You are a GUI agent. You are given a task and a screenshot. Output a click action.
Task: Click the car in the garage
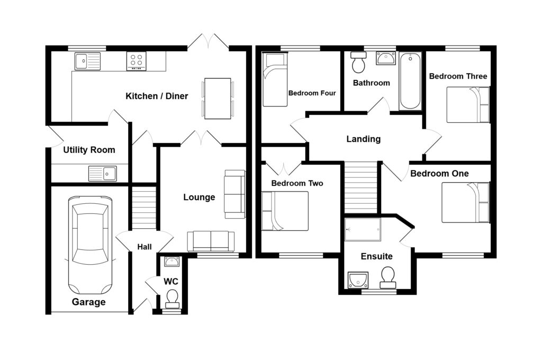pyautogui.click(x=90, y=245)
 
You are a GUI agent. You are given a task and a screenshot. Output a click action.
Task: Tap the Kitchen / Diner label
pyautogui.click(x=157, y=96)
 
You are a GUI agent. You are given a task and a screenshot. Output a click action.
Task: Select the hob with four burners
pyautogui.click(x=136, y=61)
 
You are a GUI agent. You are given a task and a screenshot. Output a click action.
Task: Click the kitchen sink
pyautogui.click(x=87, y=61)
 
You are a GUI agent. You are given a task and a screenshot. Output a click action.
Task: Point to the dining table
pyautogui.click(x=218, y=98)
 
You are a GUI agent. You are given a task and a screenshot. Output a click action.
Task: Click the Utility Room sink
pyautogui.click(x=102, y=173)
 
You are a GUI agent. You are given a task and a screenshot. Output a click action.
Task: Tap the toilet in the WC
pyautogui.click(x=172, y=299)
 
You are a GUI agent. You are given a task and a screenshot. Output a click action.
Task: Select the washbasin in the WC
pyautogui.click(x=172, y=262)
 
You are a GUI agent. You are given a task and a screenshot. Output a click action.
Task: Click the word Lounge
pyautogui.click(x=199, y=197)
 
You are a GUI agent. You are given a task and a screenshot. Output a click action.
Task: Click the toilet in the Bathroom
pyautogui.click(x=358, y=62)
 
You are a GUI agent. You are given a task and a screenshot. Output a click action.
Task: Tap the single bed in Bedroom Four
pyautogui.click(x=275, y=79)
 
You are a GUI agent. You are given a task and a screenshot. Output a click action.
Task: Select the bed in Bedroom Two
pyautogui.click(x=285, y=211)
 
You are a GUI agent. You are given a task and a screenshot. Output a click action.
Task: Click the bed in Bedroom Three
pyautogui.click(x=468, y=104)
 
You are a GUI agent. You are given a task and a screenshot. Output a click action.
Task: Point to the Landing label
pyautogui.click(x=363, y=139)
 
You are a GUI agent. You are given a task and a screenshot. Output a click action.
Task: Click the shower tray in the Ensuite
pyautogui.click(x=363, y=229)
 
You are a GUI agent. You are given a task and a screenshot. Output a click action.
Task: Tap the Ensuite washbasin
pyautogui.click(x=358, y=280)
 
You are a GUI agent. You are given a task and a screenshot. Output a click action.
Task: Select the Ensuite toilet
pyautogui.click(x=388, y=278)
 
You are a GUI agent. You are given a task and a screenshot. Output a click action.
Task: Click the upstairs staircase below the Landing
pyautogui.click(x=360, y=187)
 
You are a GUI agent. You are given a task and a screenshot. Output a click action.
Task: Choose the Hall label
pyautogui.click(x=144, y=247)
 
